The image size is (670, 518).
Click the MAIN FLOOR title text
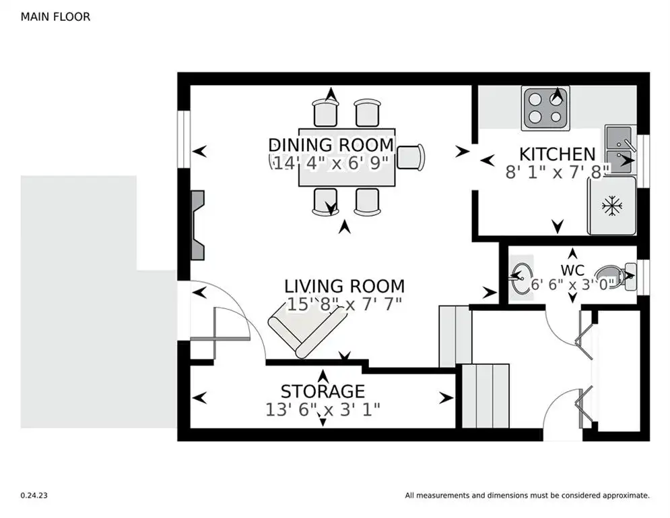point(55,17)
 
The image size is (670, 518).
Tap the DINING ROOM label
point(331,145)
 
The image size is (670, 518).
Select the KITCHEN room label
point(557,154)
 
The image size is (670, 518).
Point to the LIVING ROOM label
point(344,286)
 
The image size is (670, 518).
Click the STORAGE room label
point(323,391)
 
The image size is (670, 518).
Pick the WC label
point(572,270)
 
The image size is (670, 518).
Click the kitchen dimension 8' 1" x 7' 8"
point(557,172)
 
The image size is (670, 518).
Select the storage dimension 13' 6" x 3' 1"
point(323,409)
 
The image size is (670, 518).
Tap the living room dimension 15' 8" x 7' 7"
point(344,304)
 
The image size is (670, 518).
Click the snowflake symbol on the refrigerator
point(612,206)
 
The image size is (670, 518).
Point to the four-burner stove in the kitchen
point(545,109)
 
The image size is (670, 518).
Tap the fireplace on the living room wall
point(197,225)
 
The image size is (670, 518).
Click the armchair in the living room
point(307,333)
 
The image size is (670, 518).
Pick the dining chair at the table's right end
point(411,157)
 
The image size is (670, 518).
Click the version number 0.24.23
point(34,495)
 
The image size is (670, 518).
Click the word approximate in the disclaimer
point(626,496)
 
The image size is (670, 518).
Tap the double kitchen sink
point(619,150)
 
